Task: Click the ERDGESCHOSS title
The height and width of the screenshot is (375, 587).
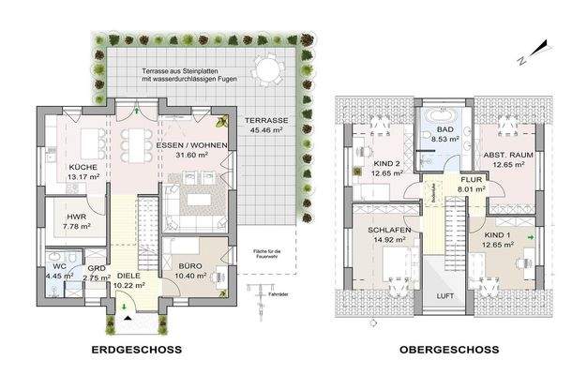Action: point(137,350)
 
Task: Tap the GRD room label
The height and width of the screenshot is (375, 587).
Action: point(96,267)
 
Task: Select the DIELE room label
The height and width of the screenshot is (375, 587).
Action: point(128,276)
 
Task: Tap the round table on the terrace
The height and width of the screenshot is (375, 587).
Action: point(267,70)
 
